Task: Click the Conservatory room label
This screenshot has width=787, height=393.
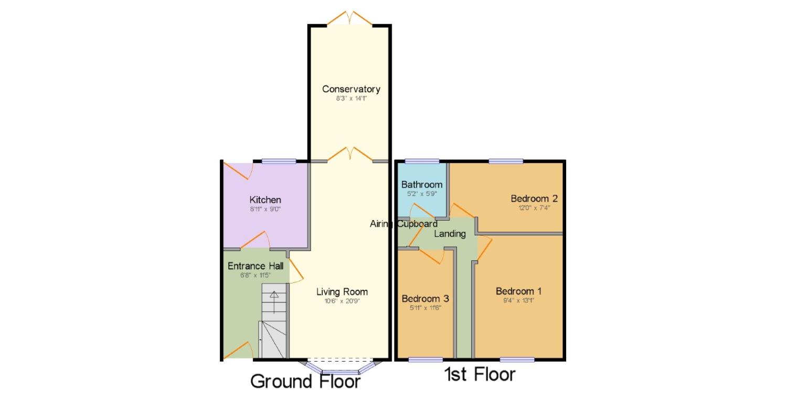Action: tap(351, 89)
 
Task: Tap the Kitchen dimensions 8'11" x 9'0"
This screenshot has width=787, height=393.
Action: tap(265, 209)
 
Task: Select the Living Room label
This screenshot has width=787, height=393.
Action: tap(342, 292)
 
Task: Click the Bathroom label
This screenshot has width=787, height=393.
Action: tap(421, 184)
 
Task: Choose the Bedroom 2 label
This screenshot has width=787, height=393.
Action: tap(534, 199)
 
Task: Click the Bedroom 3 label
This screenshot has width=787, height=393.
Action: tap(425, 299)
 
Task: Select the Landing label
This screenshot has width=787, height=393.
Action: tap(450, 234)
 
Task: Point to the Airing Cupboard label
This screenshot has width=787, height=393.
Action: tap(403, 224)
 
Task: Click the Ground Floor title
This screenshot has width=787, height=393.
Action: tap(305, 381)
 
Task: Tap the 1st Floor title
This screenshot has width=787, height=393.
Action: tap(480, 375)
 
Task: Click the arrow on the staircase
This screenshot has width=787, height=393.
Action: tap(274, 296)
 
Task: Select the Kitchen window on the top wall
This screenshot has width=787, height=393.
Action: tap(279, 161)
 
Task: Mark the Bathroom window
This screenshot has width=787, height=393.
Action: tap(421, 161)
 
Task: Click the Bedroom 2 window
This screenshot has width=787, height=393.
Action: tap(506, 161)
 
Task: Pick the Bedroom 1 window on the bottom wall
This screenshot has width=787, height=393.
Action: tap(517, 359)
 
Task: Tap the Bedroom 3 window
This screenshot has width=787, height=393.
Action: tap(425, 359)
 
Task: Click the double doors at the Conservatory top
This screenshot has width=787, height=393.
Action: tap(349, 19)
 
